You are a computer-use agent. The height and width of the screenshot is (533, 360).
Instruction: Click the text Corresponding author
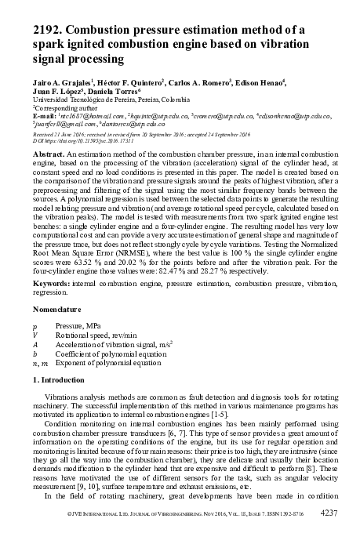point(67,108)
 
